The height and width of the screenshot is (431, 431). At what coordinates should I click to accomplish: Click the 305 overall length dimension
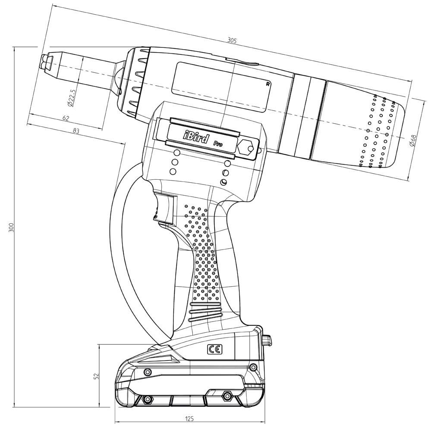[232, 41]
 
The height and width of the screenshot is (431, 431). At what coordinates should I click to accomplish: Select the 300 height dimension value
[12, 227]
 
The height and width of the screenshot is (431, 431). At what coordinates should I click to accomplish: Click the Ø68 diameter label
[413, 141]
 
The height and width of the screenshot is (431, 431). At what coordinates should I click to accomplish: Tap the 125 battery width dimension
[189, 419]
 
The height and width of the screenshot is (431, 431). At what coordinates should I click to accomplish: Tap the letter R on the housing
[268, 84]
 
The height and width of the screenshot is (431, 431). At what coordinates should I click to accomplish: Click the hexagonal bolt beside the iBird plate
[246, 147]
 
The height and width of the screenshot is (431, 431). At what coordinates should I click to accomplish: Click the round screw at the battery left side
[148, 372]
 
